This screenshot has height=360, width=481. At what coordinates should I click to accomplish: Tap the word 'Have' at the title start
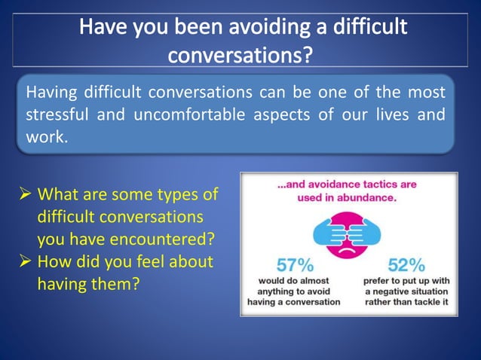[x=106, y=28]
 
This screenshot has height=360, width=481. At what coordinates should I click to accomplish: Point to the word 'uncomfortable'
[x=188, y=116]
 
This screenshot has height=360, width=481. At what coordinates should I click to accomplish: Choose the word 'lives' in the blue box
[x=381, y=116]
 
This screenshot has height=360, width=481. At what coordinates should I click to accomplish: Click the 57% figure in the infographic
[x=294, y=265]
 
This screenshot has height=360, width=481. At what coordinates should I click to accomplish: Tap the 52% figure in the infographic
[x=406, y=265]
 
